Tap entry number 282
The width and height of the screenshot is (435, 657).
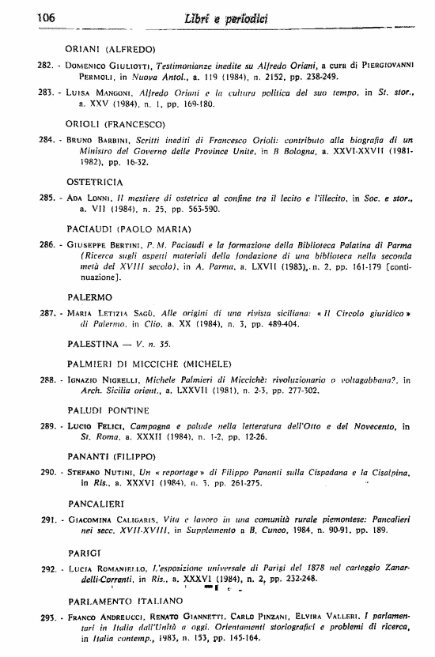(x=48, y=66)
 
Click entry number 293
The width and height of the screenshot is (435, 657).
(x=48, y=616)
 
